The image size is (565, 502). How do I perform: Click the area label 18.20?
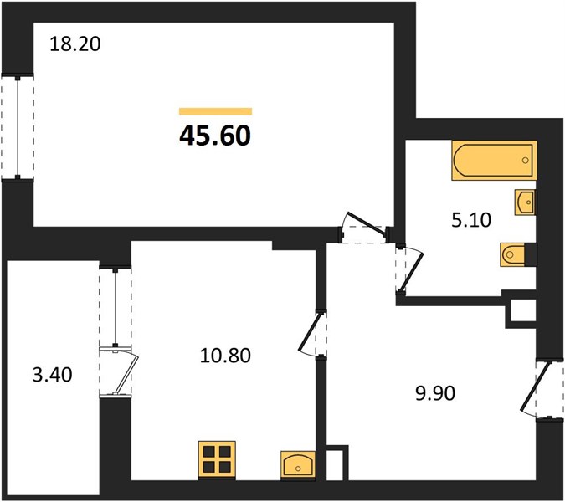pyautogui.click(x=75, y=44)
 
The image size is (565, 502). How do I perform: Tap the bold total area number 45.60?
pyautogui.click(x=215, y=136)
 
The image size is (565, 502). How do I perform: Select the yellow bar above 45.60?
pyautogui.click(x=215, y=111)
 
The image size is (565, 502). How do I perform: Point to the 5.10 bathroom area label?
pyautogui.click(x=471, y=220)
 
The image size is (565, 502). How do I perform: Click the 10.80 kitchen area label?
pyautogui.click(x=225, y=356)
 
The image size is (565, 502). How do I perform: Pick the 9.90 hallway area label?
pyautogui.click(x=435, y=393)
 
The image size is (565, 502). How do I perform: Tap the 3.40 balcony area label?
pyautogui.click(x=52, y=375)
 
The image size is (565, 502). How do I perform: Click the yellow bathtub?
pyautogui.click(x=494, y=161)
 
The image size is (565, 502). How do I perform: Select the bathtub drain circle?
pyautogui.click(x=526, y=161)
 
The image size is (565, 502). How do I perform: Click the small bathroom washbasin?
pyautogui.click(x=525, y=202)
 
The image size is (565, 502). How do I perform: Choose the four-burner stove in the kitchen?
pyautogui.click(x=217, y=460)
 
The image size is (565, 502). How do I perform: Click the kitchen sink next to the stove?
pyautogui.click(x=297, y=465)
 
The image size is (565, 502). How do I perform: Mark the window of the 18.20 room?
pyautogui.click(x=18, y=127)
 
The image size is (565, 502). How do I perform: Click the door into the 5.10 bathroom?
pyautogui.click(x=409, y=270)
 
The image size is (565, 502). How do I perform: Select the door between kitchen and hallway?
pyautogui.click(x=313, y=334)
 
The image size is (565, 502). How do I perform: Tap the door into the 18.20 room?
pyautogui.click(x=364, y=228)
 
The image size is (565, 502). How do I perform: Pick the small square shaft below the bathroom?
pyautogui.click(x=521, y=310)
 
